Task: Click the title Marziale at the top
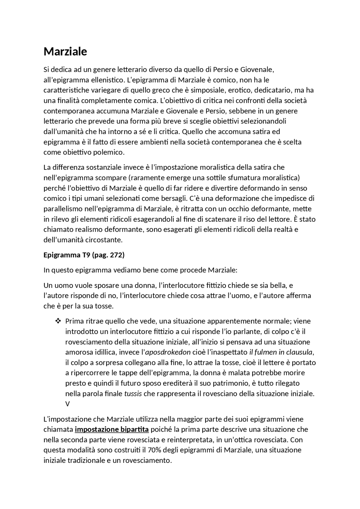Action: tap(65, 51)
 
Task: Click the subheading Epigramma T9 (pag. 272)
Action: tap(84, 255)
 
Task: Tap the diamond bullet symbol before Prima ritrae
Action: tap(58, 321)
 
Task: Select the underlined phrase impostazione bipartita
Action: tap(112, 429)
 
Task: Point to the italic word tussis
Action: tap(133, 393)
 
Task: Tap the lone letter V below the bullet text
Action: tap(67, 404)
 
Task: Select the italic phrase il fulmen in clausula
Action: tap(281, 352)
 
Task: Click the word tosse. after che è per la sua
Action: tap(105, 306)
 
